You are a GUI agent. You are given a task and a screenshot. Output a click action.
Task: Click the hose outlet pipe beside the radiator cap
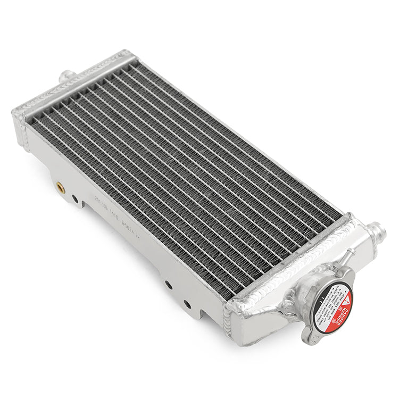376,231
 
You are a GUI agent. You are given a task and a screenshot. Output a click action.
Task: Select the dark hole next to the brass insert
74,199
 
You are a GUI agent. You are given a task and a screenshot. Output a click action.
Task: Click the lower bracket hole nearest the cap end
187,304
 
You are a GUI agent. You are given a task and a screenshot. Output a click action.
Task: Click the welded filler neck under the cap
298,301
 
